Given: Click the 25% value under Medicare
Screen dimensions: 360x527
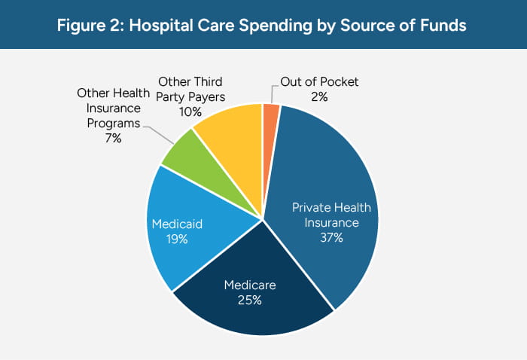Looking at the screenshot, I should click(249, 301).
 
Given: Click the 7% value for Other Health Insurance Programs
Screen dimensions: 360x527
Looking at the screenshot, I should click(114, 138).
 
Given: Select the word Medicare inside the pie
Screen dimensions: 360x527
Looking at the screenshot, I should click(249, 285).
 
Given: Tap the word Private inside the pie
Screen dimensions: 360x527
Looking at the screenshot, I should click(311, 209).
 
